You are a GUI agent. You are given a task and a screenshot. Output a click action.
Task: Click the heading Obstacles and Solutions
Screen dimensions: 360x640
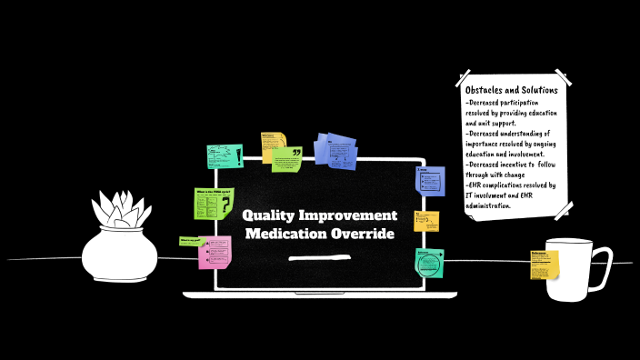[512, 91]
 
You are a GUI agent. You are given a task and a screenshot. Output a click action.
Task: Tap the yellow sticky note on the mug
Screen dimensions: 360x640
[545, 265]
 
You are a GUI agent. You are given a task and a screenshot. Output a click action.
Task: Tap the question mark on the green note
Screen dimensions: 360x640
[225, 205]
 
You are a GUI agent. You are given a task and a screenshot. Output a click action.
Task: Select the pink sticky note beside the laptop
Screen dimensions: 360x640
[215, 252]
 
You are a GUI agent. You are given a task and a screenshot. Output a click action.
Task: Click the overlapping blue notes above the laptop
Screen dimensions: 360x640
[335, 148]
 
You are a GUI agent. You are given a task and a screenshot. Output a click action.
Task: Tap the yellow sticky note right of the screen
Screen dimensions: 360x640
[426, 221]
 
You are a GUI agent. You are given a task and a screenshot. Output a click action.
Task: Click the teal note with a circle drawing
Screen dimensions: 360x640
[430, 263]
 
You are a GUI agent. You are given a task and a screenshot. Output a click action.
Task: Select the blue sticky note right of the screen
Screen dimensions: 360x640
[430, 180]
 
